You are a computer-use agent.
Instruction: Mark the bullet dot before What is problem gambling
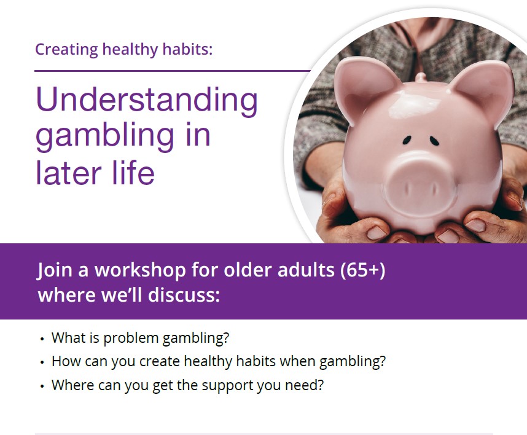42,339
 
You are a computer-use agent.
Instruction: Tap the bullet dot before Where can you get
42,386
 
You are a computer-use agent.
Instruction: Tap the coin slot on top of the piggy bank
420,77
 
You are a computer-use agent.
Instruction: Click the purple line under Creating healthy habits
172,71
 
